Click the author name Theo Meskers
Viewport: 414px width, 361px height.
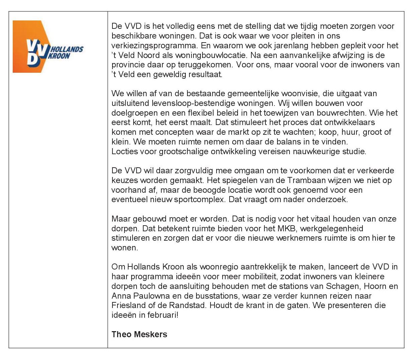click(x=139, y=334)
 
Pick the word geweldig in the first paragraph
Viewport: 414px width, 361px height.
click(x=169, y=74)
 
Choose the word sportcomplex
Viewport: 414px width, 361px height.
click(x=200, y=200)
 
